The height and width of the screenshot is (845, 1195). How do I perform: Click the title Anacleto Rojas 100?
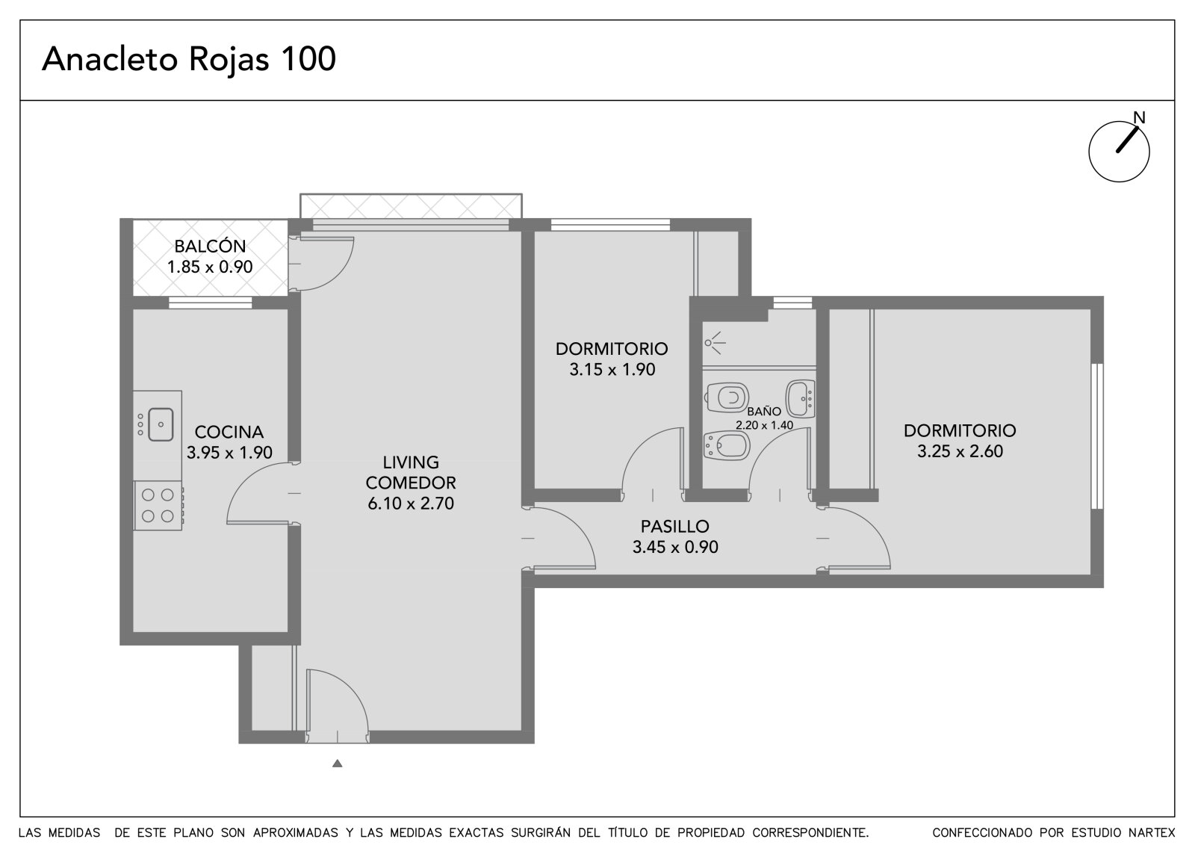click(x=189, y=59)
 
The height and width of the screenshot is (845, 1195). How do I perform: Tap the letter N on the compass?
click(x=1139, y=117)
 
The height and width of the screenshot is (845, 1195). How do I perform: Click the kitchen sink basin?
click(x=161, y=424)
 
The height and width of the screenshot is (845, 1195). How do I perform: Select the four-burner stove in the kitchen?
click(x=158, y=505)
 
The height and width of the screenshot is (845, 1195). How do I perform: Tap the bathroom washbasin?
click(x=800, y=399)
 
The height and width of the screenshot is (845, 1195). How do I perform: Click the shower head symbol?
click(x=714, y=343)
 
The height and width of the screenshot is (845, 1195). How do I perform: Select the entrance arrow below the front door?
click(x=337, y=764)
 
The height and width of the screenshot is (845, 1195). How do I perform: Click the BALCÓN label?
click(x=210, y=246)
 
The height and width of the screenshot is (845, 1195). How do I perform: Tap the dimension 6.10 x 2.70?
click(x=411, y=504)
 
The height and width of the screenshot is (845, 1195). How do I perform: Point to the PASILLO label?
click(x=675, y=526)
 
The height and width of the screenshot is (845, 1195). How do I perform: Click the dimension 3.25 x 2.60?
click(x=960, y=451)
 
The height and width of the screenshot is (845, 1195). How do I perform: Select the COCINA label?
click(x=229, y=432)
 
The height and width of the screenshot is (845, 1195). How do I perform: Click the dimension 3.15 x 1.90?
click(x=612, y=369)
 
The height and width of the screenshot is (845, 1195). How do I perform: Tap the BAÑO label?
click(x=764, y=412)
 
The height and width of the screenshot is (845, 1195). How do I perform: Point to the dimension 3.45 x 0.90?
click(x=675, y=547)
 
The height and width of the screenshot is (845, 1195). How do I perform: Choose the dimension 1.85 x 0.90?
click(x=210, y=267)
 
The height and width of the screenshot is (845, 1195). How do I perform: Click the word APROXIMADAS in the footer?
click(x=296, y=832)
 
